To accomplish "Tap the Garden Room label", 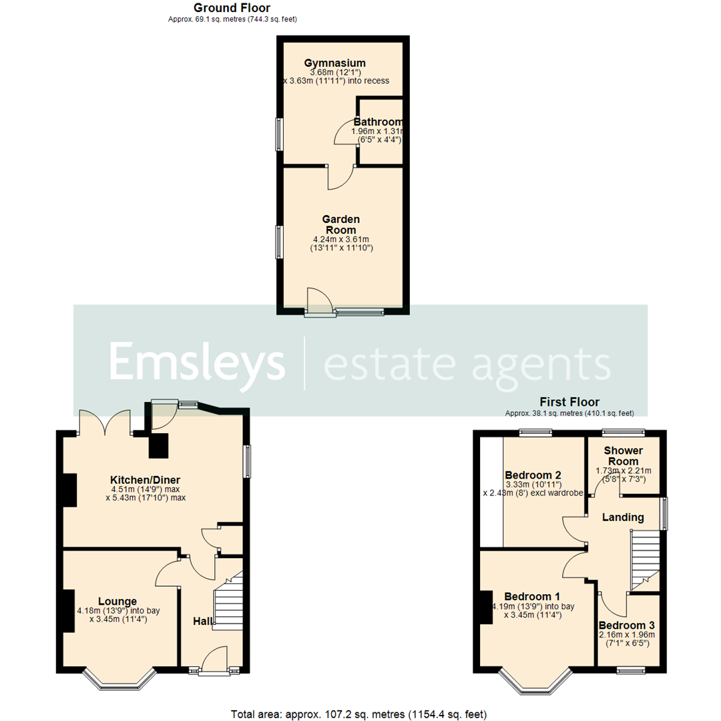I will (x=341, y=224).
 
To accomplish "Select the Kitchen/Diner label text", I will (x=146, y=479).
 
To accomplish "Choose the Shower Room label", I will (x=623, y=455).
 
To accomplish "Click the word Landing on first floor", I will (x=623, y=517).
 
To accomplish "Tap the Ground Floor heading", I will (x=232, y=8).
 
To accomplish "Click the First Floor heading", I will (x=569, y=402).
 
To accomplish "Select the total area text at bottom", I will (x=359, y=714).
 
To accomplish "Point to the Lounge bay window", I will (x=119, y=680).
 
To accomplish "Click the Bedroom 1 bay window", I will (x=535, y=680).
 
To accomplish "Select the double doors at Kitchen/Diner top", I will (x=103, y=423).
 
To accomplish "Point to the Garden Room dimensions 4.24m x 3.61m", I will (x=341, y=239).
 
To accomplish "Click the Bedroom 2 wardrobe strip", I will (x=492, y=491).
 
